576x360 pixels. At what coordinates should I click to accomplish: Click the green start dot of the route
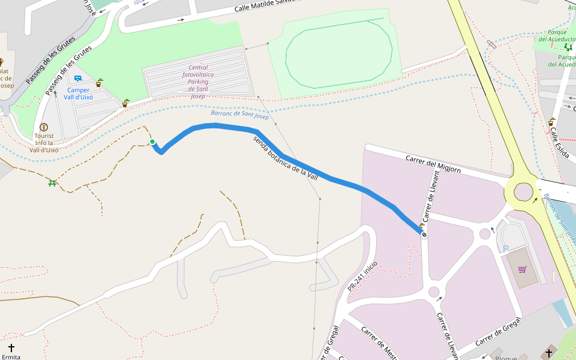[x=152, y=142]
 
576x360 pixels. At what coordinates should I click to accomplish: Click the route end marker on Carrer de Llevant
[x=424, y=235]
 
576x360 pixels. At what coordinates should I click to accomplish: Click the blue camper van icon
[x=77, y=79]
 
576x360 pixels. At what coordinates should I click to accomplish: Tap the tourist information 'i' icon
[x=43, y=127]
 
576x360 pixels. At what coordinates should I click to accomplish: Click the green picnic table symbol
[x=53, y=183]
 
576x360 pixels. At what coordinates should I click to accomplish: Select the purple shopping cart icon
[x=522, y=269]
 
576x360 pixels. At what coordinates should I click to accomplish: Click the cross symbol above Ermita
[x=11, y=347]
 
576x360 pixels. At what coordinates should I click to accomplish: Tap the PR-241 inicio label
[x=362, y=277]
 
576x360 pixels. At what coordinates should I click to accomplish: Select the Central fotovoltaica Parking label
[x=199, y=82]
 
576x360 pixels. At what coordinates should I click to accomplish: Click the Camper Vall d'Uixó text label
[x=78, y=94]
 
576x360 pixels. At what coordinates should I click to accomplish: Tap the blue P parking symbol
[x=506, y=247]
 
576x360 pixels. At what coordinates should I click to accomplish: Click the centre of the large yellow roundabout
[x=523, y=192]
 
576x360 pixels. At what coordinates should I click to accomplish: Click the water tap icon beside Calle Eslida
[x=551, y=122]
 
